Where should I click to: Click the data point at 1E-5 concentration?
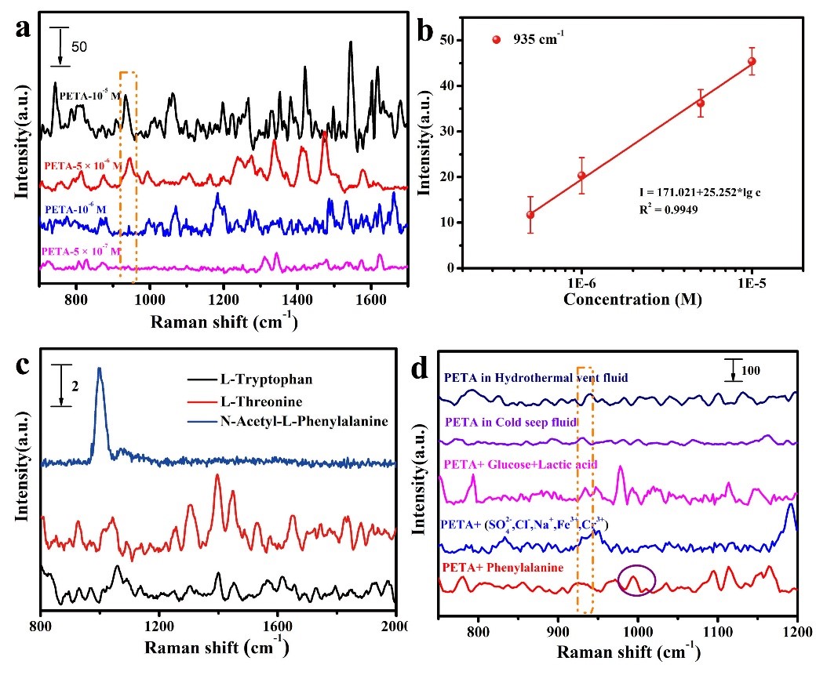pos(752,61)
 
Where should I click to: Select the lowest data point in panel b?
pos(530,215)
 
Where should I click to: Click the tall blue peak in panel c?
pos(100,372)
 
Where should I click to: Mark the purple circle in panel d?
pos(635,580)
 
